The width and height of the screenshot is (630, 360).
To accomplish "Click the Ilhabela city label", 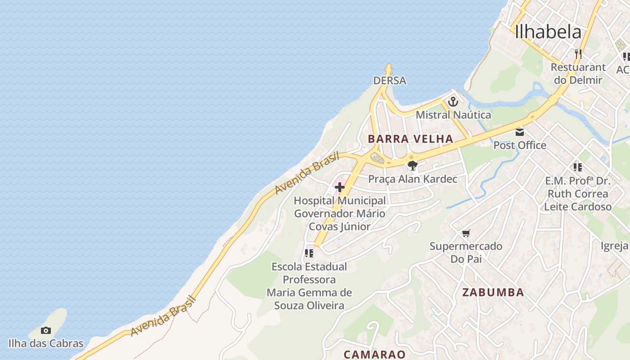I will pyautogui.click(x=548, y=31).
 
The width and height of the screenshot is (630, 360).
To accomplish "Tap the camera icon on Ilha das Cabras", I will pyautogui.click(x=45, y=331).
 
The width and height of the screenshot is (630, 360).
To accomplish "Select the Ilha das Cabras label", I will pyautogui.click(x=45, y=343).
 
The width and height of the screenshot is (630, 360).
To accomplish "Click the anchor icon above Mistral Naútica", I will pyautogui.click(x=453, y=101).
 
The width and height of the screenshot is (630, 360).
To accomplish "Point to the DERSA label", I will pyautogui.click(x=390, y=81).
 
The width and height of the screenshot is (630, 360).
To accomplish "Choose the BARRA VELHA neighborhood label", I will pyautogui.click(x=410, y=139).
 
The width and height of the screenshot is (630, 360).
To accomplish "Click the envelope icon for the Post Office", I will pyautogui.click(x=520, y=132).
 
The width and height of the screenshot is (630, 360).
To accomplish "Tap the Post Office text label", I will pyautogui.click(x=520, y=145).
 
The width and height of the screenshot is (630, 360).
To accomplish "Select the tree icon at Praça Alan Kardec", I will pyautogui.click(x=412, y=165).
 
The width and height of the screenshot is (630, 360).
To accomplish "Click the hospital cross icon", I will pyautogui.click(x=340, y=187).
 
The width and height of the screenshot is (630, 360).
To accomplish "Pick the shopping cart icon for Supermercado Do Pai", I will pyautogui.click(x=466, y=233).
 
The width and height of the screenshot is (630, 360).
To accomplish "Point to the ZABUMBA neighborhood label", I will pyautogui.click(x=493, y=292).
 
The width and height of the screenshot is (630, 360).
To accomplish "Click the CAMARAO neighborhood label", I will pyautogui.click(x=374, y=354).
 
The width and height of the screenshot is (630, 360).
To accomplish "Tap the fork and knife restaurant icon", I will pyautogui.click(x=578, y=54).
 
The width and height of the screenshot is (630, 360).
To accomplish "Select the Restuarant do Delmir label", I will pyautogui.click(x=578, y=74).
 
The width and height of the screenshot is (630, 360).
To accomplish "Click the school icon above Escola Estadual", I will pyautogui.click(x=309, y=253).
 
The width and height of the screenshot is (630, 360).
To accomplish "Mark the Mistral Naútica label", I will pyautogui.click(x=453, y=115).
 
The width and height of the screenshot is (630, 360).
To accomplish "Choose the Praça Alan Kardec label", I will pyautogui.click(x=413, y=179).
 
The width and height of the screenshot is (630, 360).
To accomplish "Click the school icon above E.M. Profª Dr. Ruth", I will pyautogui.click(x=578, y=168).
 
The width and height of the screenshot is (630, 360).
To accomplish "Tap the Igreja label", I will pyautogui.click(x=614, y=246).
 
